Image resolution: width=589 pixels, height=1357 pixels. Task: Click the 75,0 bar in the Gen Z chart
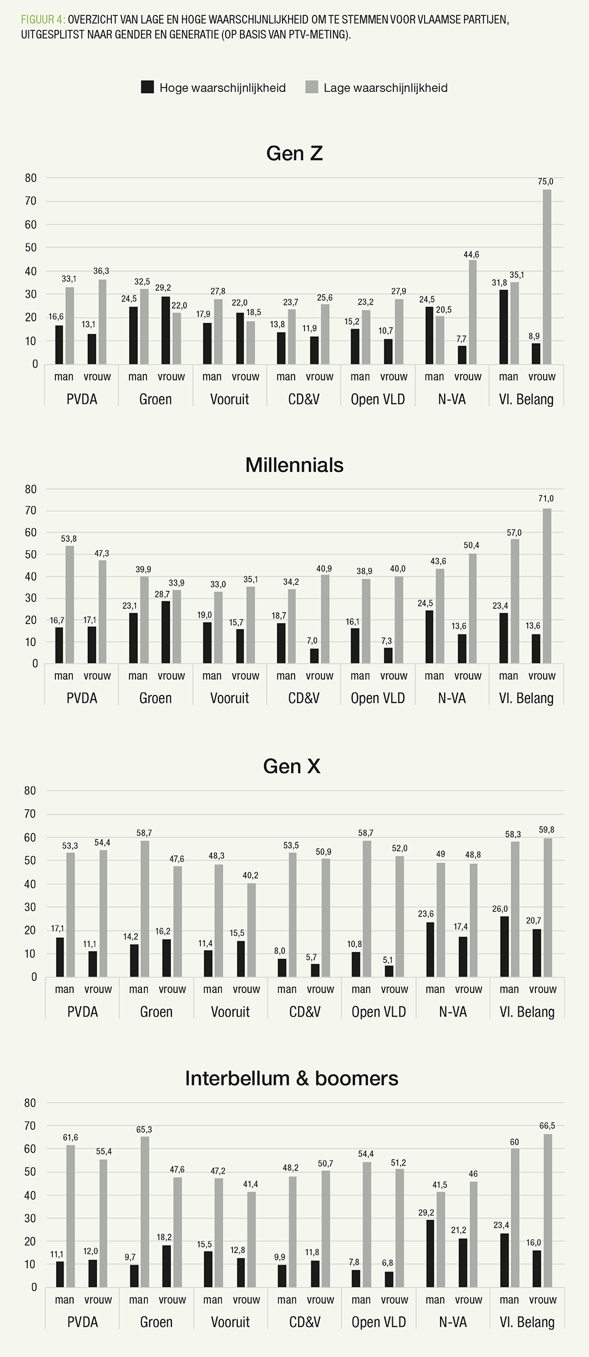coord(547,277)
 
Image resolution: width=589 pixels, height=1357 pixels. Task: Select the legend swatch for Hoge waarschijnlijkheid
coord(147,87)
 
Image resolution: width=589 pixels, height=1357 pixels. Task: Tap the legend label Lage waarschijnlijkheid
coord(385,88)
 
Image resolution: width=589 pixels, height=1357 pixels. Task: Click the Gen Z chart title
coord(294,153)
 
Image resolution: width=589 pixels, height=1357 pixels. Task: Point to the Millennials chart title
coord(294,465)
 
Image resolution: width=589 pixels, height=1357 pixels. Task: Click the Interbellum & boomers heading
coord(292,1078)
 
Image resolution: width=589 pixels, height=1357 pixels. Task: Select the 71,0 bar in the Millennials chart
coord(547,586)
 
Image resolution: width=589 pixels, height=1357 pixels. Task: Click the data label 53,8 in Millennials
coord(70,538)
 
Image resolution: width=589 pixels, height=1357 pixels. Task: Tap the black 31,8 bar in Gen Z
coord(504,327)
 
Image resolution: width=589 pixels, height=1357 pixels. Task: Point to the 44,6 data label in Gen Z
coord(471,254)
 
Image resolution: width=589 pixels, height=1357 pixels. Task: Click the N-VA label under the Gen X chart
coord(452,1012)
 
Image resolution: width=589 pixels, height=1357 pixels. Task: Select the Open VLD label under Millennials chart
coord(378,698)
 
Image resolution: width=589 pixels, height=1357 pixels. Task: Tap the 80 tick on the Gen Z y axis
coord(31,178)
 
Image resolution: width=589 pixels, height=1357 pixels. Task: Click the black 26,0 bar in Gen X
coord(505,946)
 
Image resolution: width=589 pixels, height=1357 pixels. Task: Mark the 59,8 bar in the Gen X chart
coord(548,908)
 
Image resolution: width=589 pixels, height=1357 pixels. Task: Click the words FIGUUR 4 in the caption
coord(42,19)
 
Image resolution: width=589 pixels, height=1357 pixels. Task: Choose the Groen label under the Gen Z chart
coord(155,399)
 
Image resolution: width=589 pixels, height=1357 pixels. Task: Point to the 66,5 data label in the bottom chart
coord(548,1126)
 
